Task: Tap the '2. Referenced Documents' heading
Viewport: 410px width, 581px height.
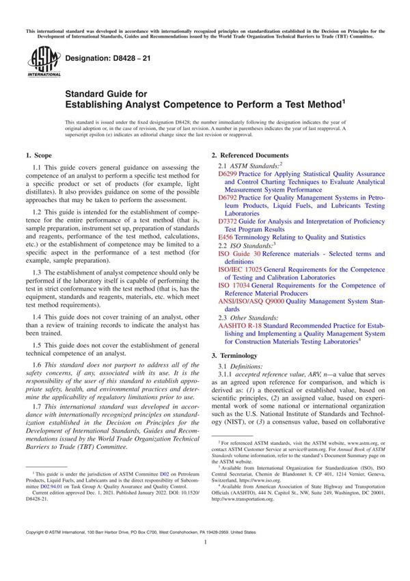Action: point(250,155)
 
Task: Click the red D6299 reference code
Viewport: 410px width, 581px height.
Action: point(227,175)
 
